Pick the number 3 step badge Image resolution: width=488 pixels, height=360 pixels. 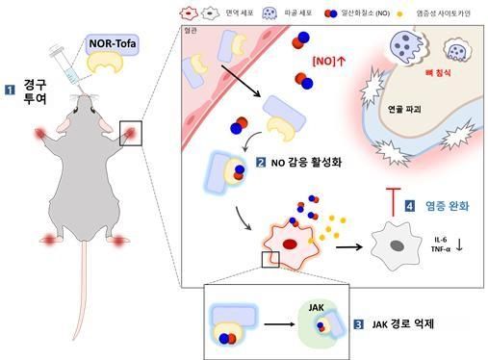click(358, 324)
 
